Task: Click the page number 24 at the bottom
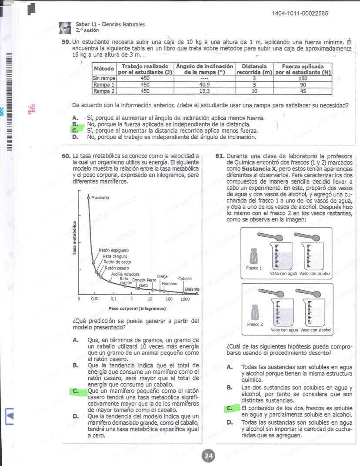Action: (x=208, y=456)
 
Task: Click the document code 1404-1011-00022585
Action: (x=300, y=14)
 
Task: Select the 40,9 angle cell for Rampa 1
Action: (x=204, y=85)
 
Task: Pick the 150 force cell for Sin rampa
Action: (x=303, y=78)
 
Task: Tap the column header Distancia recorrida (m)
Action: (x=254, y=69)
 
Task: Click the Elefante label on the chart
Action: (x=192, y=289)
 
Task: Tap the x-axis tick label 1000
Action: (x=185, y=299)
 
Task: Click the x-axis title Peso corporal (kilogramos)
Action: (x=137, y=308)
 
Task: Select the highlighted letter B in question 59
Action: (x=75, y=124)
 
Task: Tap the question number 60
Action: (x=66, y=156)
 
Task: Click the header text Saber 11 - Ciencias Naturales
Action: (x=110, y=25)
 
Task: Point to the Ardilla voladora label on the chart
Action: (x=125, y=274)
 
